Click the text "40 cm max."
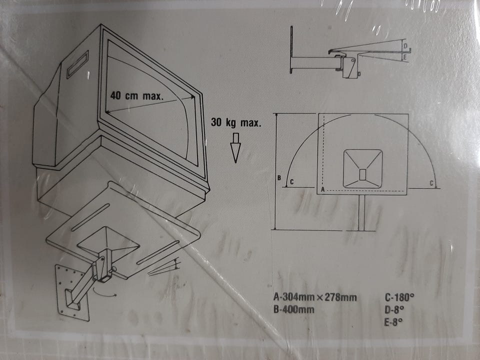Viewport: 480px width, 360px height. click(137, 96)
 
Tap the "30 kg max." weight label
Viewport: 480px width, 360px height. click(236, 123)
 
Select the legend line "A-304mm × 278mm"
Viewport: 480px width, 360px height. click(315, 297)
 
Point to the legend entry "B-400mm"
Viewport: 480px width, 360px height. click(294, 309)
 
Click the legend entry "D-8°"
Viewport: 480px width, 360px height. click(394, 310)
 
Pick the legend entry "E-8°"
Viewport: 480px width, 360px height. click(393, 322)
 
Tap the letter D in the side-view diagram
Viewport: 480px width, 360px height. click(405, 46)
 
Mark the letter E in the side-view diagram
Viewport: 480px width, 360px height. click(404, 56)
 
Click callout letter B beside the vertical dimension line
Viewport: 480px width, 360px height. click(279, 178)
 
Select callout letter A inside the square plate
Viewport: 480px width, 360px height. click(322, 190)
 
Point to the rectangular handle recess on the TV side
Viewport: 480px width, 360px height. click(78, 64)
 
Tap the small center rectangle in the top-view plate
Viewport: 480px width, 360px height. click(362, 174)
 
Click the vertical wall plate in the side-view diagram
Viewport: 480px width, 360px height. click(291, 50)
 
